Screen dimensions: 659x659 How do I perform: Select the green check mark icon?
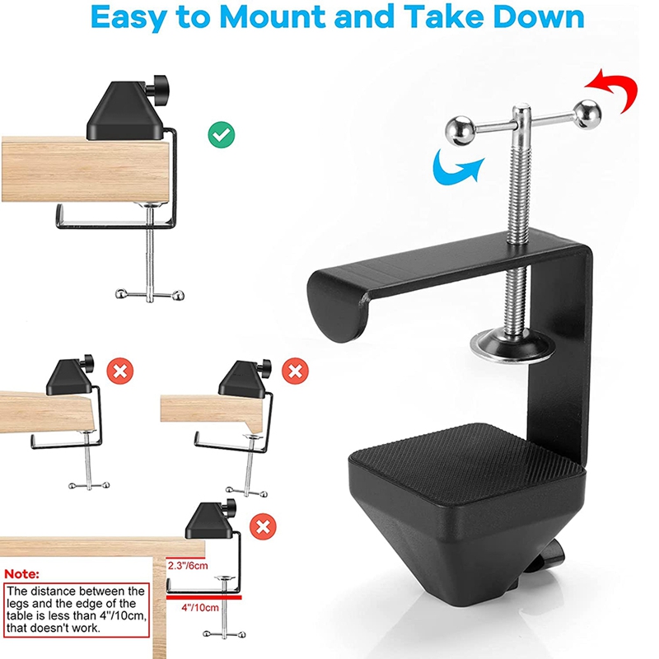pyautogui.click(x=220, y=135)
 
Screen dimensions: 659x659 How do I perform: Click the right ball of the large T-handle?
pyautogui.click(x=587, y=113)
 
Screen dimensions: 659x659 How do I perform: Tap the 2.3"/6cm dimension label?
pyautogui.click(x=189, y=566)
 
